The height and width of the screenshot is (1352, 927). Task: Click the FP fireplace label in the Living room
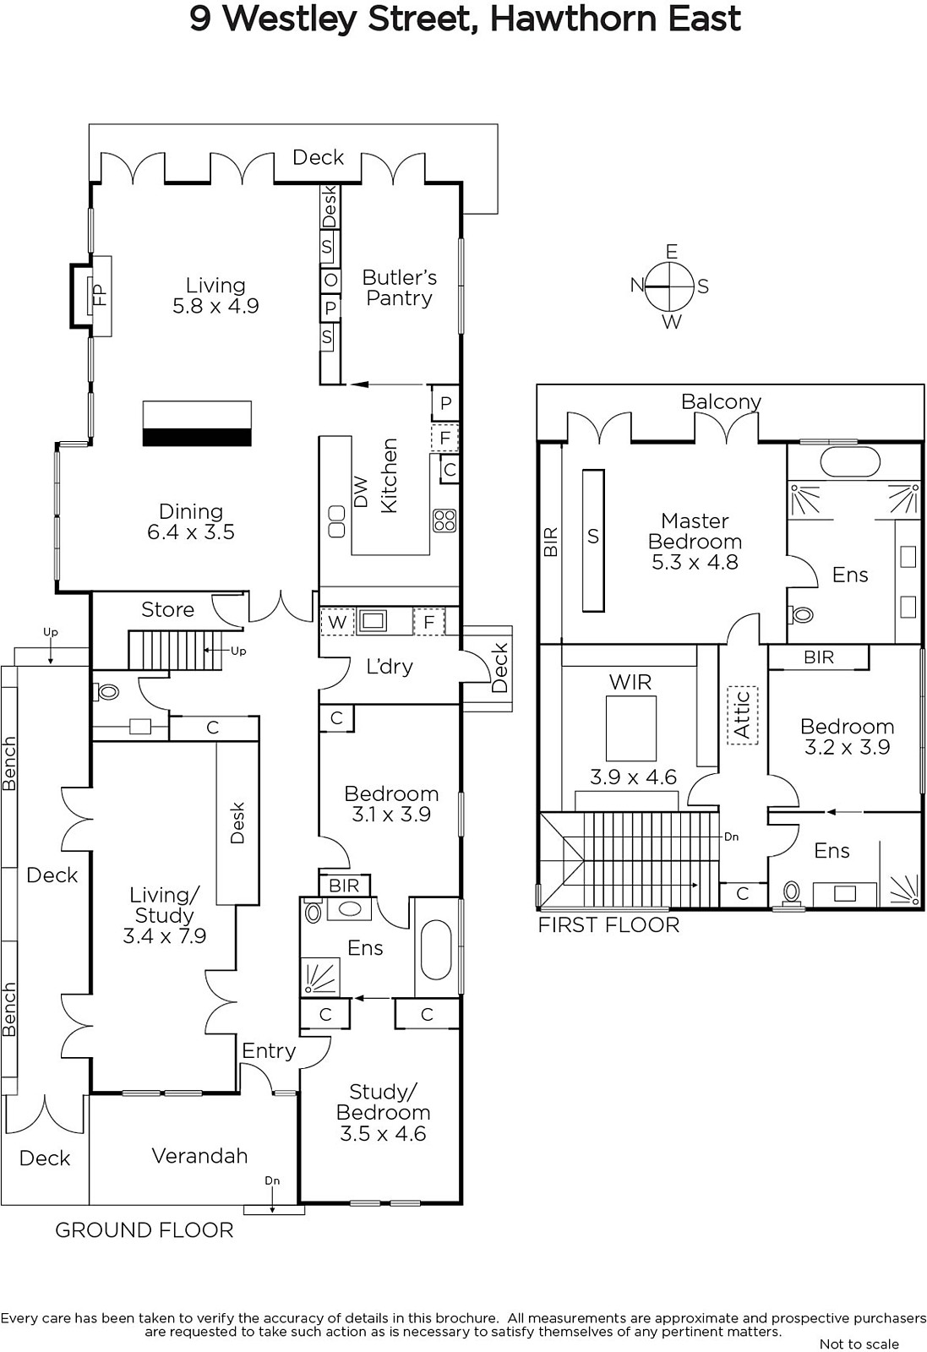[100, 295]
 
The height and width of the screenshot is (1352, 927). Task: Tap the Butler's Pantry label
[399, 288]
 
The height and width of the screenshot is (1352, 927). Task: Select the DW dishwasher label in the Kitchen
[360, 492]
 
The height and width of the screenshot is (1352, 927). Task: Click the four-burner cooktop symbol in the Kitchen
[444, 521]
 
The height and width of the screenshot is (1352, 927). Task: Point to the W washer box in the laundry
[337, 622]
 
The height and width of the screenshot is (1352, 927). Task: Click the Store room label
[168, 609]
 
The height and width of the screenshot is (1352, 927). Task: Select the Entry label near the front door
[269, 1051]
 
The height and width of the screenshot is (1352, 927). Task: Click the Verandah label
[199, 1155]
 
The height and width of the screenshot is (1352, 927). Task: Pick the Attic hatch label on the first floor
[743, 715]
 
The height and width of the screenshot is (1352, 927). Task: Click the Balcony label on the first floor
[721, 402]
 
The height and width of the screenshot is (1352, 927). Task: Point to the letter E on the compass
[671, 251]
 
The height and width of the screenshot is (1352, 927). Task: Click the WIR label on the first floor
[630, 682]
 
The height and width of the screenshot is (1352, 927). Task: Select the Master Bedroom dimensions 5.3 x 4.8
[695, 563]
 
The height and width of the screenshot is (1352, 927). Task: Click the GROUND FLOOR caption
[145, 1230]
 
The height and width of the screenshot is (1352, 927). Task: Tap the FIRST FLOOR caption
[608, 924]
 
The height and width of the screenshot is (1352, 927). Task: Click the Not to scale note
[859, 1344]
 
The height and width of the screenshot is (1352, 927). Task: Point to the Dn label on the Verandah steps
[272, 1180]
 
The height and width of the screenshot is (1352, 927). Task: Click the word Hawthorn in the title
[573, 19]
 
